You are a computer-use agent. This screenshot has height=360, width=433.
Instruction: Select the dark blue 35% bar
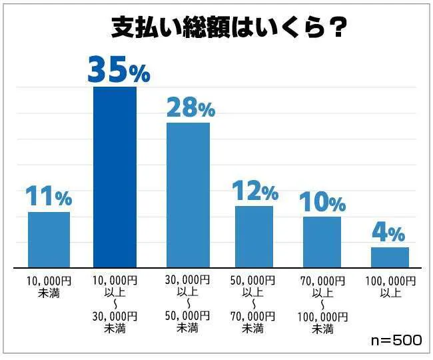[x=115, y=177]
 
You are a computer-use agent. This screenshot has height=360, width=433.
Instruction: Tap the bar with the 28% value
[x=188, y=195]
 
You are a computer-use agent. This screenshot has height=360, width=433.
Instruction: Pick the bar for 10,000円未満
[x=49, y=239]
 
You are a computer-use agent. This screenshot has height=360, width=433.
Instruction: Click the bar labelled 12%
[x=254, y=237]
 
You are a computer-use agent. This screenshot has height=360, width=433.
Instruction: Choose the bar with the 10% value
[x=322, y=241]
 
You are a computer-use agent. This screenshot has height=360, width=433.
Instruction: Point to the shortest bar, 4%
[x=390, y=257]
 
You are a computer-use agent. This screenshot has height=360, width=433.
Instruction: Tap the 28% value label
[x=190, y=107]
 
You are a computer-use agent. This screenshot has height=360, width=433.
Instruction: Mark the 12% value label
[x=254, y=191]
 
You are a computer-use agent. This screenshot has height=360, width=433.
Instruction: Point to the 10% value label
[x=322, y=201]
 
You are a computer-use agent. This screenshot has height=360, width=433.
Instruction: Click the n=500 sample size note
[x=396, y=340]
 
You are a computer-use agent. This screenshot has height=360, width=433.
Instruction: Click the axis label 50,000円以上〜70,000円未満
[x=254, y=303]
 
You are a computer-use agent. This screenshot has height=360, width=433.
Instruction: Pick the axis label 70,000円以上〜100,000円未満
[x=322, y=303]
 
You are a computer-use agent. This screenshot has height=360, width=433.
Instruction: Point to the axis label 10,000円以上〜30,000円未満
[x=115, y=303]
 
